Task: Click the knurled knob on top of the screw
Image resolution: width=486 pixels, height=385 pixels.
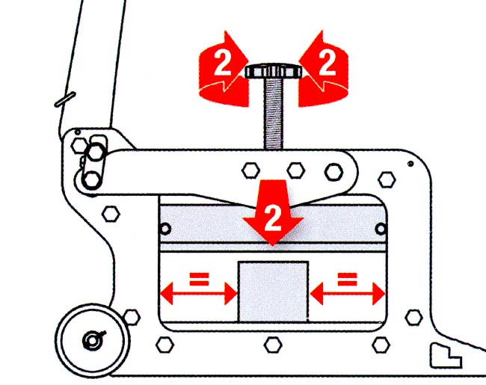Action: point(274,71)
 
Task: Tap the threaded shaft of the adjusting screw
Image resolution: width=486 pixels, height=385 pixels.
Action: point(273,114)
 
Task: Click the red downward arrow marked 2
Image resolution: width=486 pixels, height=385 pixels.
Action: point(273,213)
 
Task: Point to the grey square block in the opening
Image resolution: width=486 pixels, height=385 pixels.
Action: point(273,292)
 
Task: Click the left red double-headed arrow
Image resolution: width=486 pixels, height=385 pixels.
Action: point(199,293)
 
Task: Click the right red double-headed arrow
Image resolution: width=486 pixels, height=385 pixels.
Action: point(347,293)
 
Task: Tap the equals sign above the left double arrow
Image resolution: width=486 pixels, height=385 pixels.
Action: point(200,278)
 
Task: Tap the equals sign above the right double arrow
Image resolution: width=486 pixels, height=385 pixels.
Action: point(347,278)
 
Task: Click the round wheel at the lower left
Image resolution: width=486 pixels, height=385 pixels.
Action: point(93,340)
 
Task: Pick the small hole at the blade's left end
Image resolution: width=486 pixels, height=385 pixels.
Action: point(165,229)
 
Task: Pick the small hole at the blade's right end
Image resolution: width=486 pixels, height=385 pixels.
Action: point(381,229)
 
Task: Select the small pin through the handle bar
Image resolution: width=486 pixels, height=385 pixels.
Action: point(65,100)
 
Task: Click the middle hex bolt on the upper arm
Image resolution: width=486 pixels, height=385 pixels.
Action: point(296,170)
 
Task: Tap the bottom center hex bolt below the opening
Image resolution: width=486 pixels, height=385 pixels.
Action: point(273,345)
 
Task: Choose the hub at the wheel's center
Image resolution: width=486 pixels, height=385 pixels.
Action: point(93,340)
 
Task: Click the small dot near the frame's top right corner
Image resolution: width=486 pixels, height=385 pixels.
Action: point(410,164)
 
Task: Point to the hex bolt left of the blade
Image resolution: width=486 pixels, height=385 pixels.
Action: point(111,213)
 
